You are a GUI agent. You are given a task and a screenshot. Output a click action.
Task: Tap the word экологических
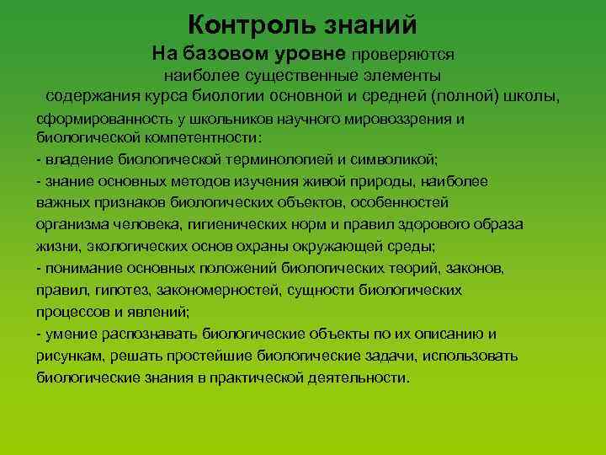124,246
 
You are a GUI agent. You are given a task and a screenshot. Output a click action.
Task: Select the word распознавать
130,334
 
